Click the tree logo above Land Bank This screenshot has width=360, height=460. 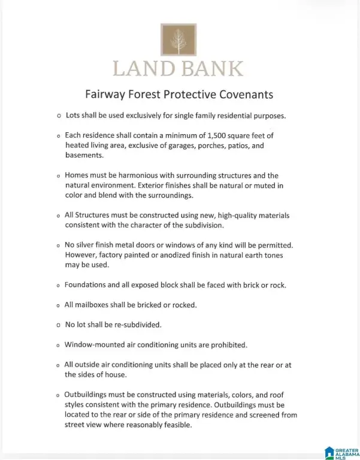(177, 40)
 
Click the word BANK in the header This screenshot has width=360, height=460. (211, 68)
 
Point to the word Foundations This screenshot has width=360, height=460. (89, 285)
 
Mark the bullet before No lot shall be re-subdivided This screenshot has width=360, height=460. (58, 325)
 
